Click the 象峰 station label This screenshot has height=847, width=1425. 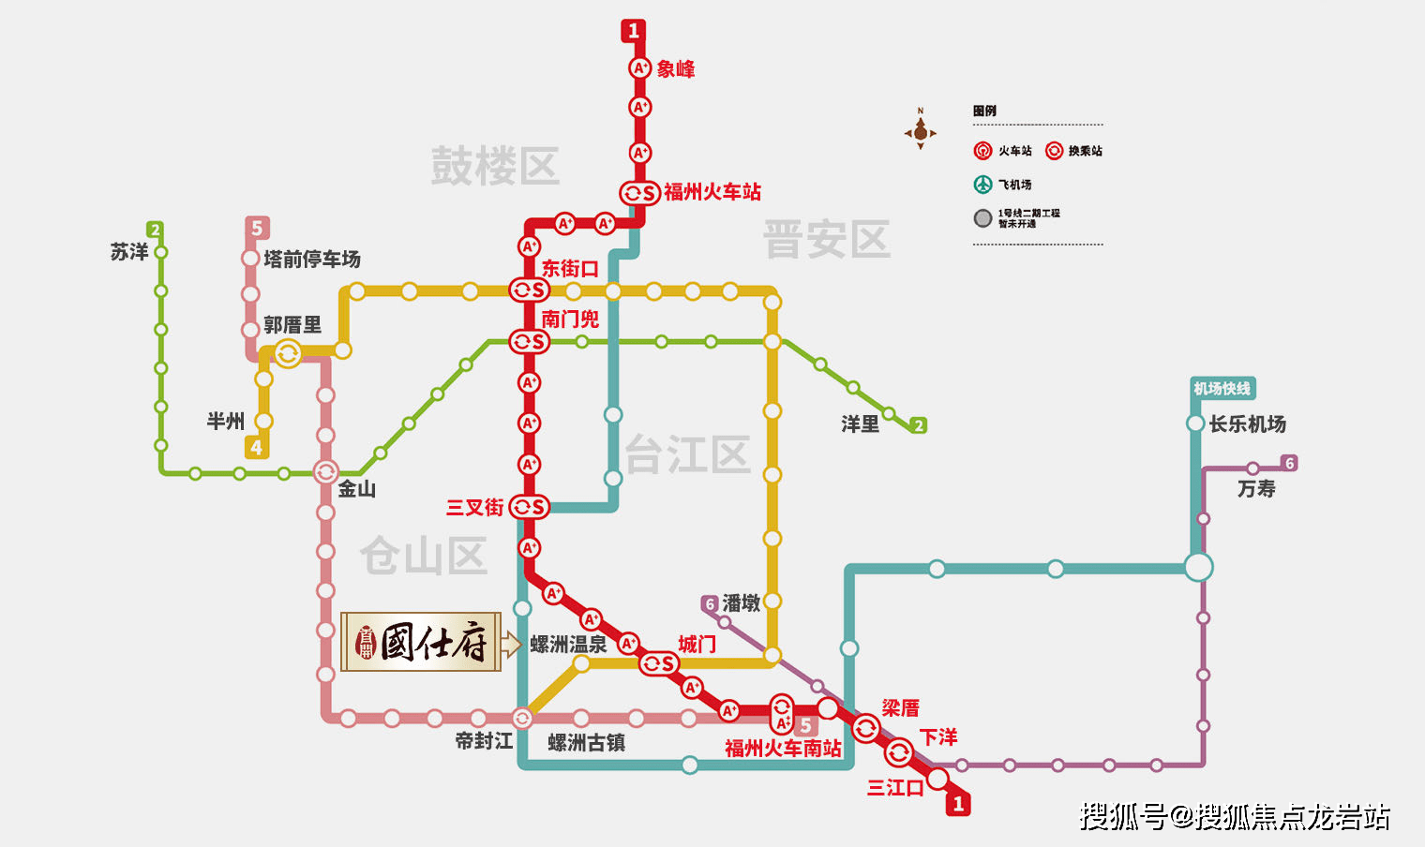tap(675, 69)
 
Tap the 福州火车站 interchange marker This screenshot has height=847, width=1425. tap(639, 193)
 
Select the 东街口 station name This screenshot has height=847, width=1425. tap(570, 269)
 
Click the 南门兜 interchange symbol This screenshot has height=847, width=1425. tap(529, 342)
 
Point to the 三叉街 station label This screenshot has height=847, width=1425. tap(474, 508)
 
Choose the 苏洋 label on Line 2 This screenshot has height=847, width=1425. tap(129, 252)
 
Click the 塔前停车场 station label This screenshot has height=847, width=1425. tap(312, 259)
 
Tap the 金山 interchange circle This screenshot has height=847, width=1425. tap(325, 472)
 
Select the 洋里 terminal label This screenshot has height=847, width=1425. tap(860, 424)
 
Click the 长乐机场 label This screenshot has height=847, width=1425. tap(1248, 424)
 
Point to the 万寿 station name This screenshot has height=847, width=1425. tap(1256, 489)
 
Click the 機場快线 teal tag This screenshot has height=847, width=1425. tap(1222, 388)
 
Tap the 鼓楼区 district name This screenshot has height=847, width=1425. tap(495, 167)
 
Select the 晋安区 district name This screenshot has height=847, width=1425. tap(826, 240)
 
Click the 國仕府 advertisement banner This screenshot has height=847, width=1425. tap(421, 643)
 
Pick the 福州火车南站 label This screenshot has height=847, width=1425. tap(783, 749)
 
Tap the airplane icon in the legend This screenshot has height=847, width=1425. tap(982, 185)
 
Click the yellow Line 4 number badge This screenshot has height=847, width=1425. tap(256, 448)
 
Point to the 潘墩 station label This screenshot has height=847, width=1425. tap(741, 603)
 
